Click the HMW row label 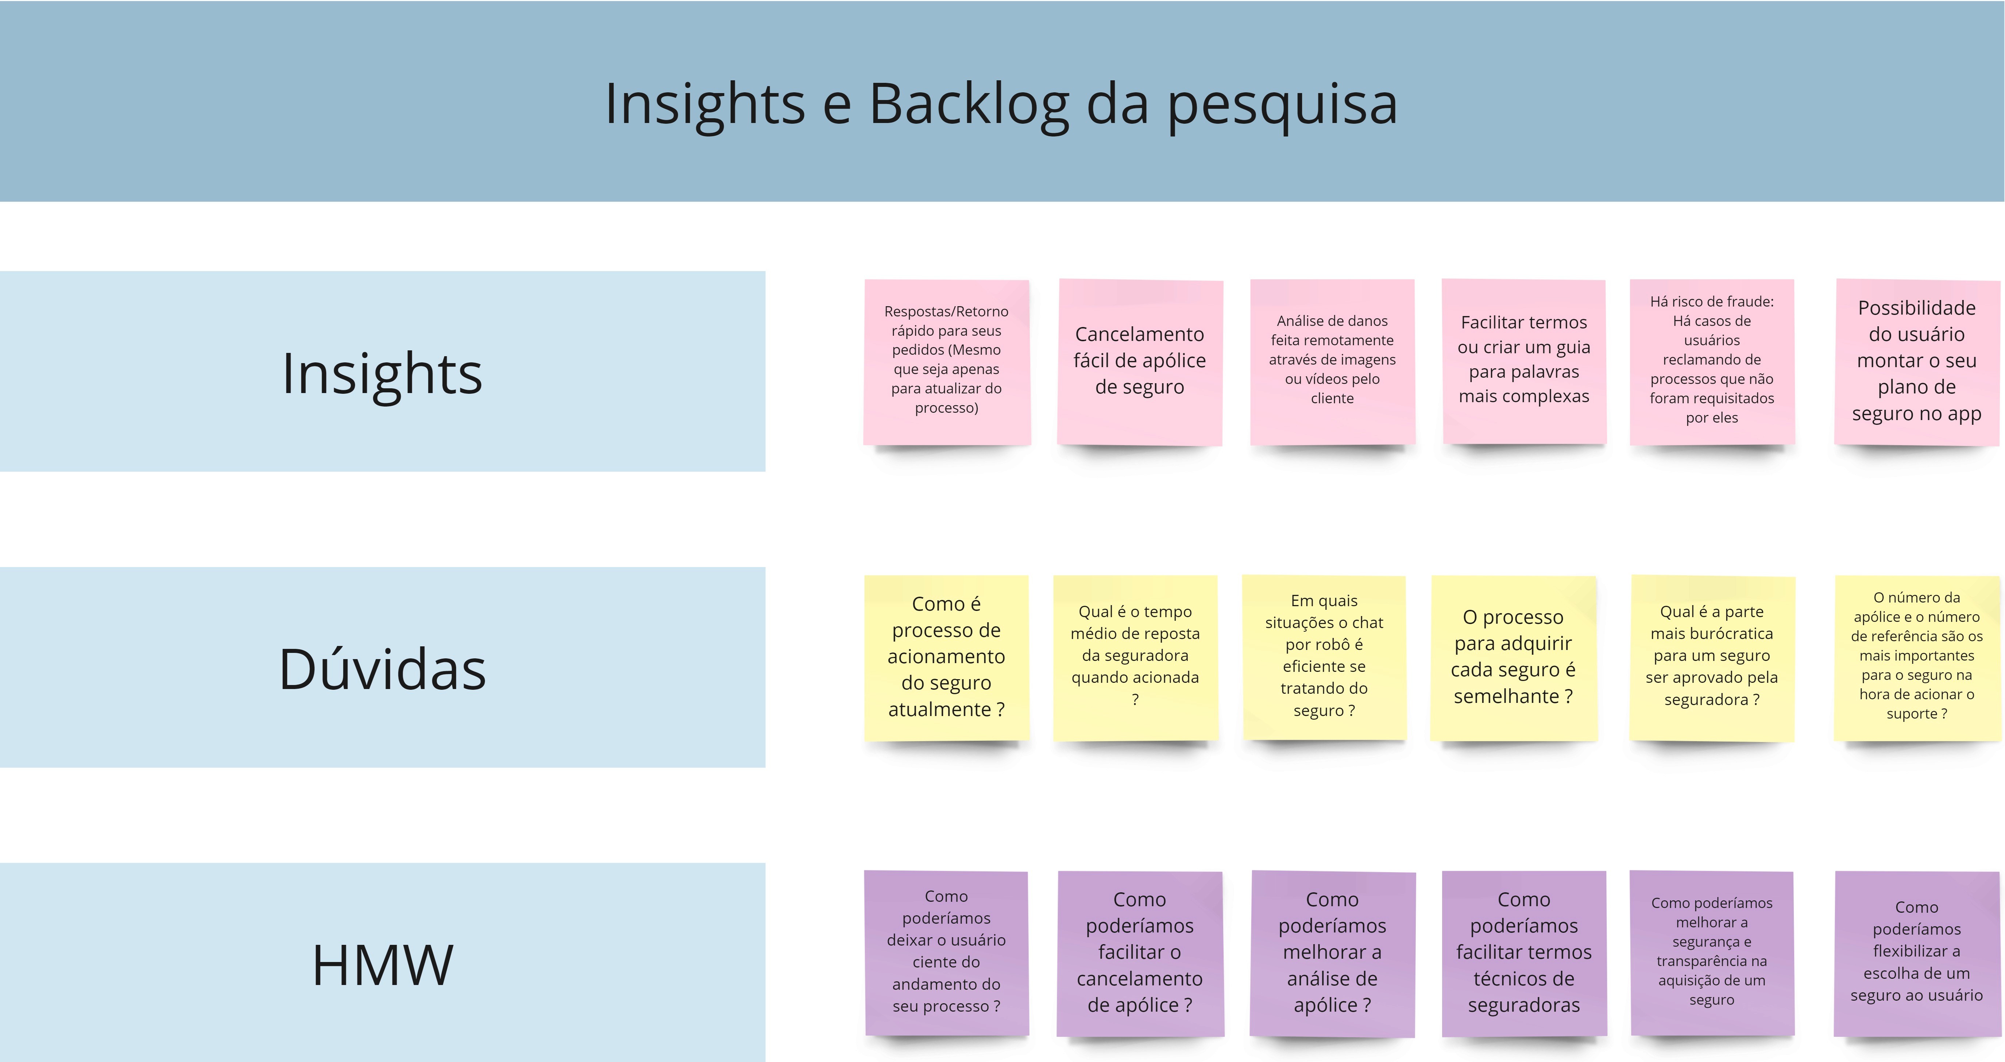coord(382,965)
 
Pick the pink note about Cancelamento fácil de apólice coord(1140,362)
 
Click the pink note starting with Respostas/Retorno coord(946,362)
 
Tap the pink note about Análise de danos coord(1333,362)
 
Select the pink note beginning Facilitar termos coord(1524,362)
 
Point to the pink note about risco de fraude coord(1712,362)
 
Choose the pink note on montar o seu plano coord(1917,362)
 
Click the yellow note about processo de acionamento coord(946,658)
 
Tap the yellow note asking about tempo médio coord(1136,658)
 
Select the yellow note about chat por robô coord(1324,658)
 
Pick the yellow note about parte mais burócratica coord(1712,658)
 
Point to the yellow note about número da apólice coord(1917,658)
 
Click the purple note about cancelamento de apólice coord(1140,954)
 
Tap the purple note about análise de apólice coord(1333,954)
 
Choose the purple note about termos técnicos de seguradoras coord(1524,954)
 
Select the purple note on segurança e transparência coord(1712,954)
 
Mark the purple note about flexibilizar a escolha coord(1917,954)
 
